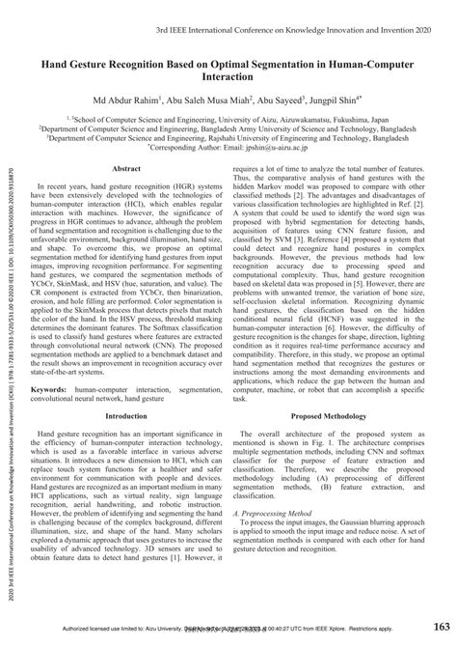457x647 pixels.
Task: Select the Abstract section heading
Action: click(x=127, y=169)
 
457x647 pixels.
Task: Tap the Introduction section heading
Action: click(x=127, y=416)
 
